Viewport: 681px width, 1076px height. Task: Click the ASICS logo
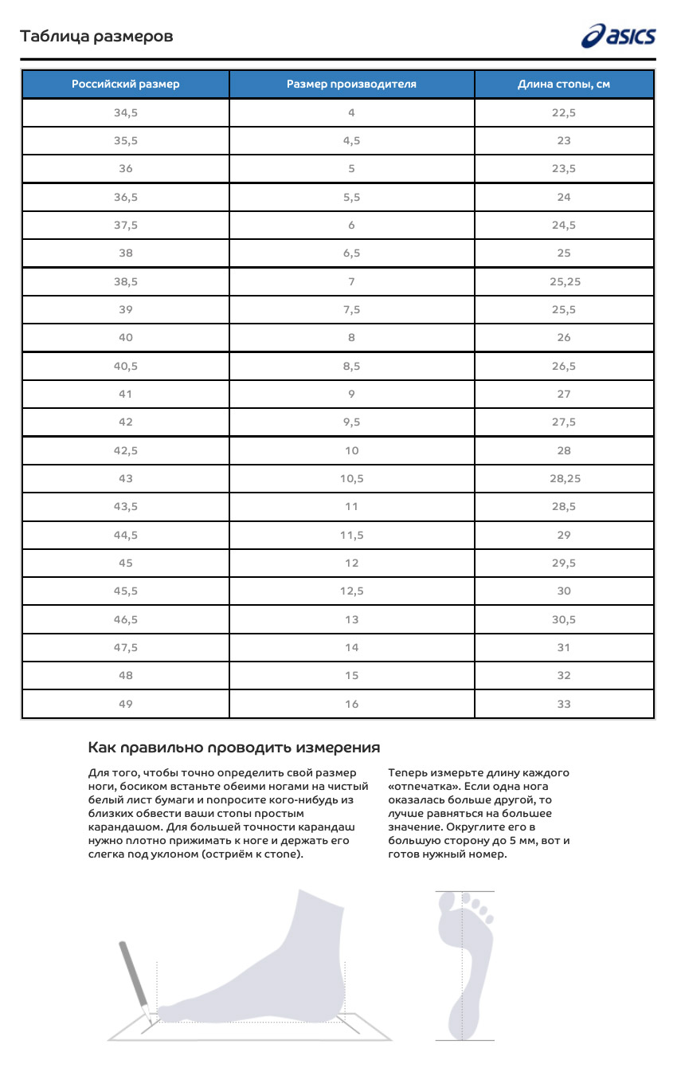(x=619, y=36)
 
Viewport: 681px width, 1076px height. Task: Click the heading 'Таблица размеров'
(x=96, y=37)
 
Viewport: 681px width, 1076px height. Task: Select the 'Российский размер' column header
(x=126, y=84)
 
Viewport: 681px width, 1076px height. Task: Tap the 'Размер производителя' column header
(x=351, y=84)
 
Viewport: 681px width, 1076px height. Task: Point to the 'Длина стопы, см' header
(x=564, y=84)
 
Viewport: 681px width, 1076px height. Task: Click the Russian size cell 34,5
(x=126, y=112)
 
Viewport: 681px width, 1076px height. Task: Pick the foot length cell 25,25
(x=564, y=281)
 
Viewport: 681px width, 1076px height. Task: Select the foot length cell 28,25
(x=564, y=478)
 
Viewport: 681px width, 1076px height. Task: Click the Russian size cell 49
(x=126, y=704)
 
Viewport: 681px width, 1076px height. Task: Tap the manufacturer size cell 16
(x=351, y=704)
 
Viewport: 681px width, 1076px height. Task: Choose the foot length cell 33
(x=564, y=704)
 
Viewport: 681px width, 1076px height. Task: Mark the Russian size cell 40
(x=126, y=337)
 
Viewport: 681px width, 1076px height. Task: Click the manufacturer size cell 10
(x=351, y=450)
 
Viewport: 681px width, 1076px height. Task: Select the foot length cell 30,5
(x=564, y=619)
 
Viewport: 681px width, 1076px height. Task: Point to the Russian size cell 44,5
(x=126, y=535)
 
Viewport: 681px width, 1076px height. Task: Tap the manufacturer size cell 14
(x=351, y=647)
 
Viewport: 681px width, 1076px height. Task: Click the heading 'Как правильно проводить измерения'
(x=233, y=748)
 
